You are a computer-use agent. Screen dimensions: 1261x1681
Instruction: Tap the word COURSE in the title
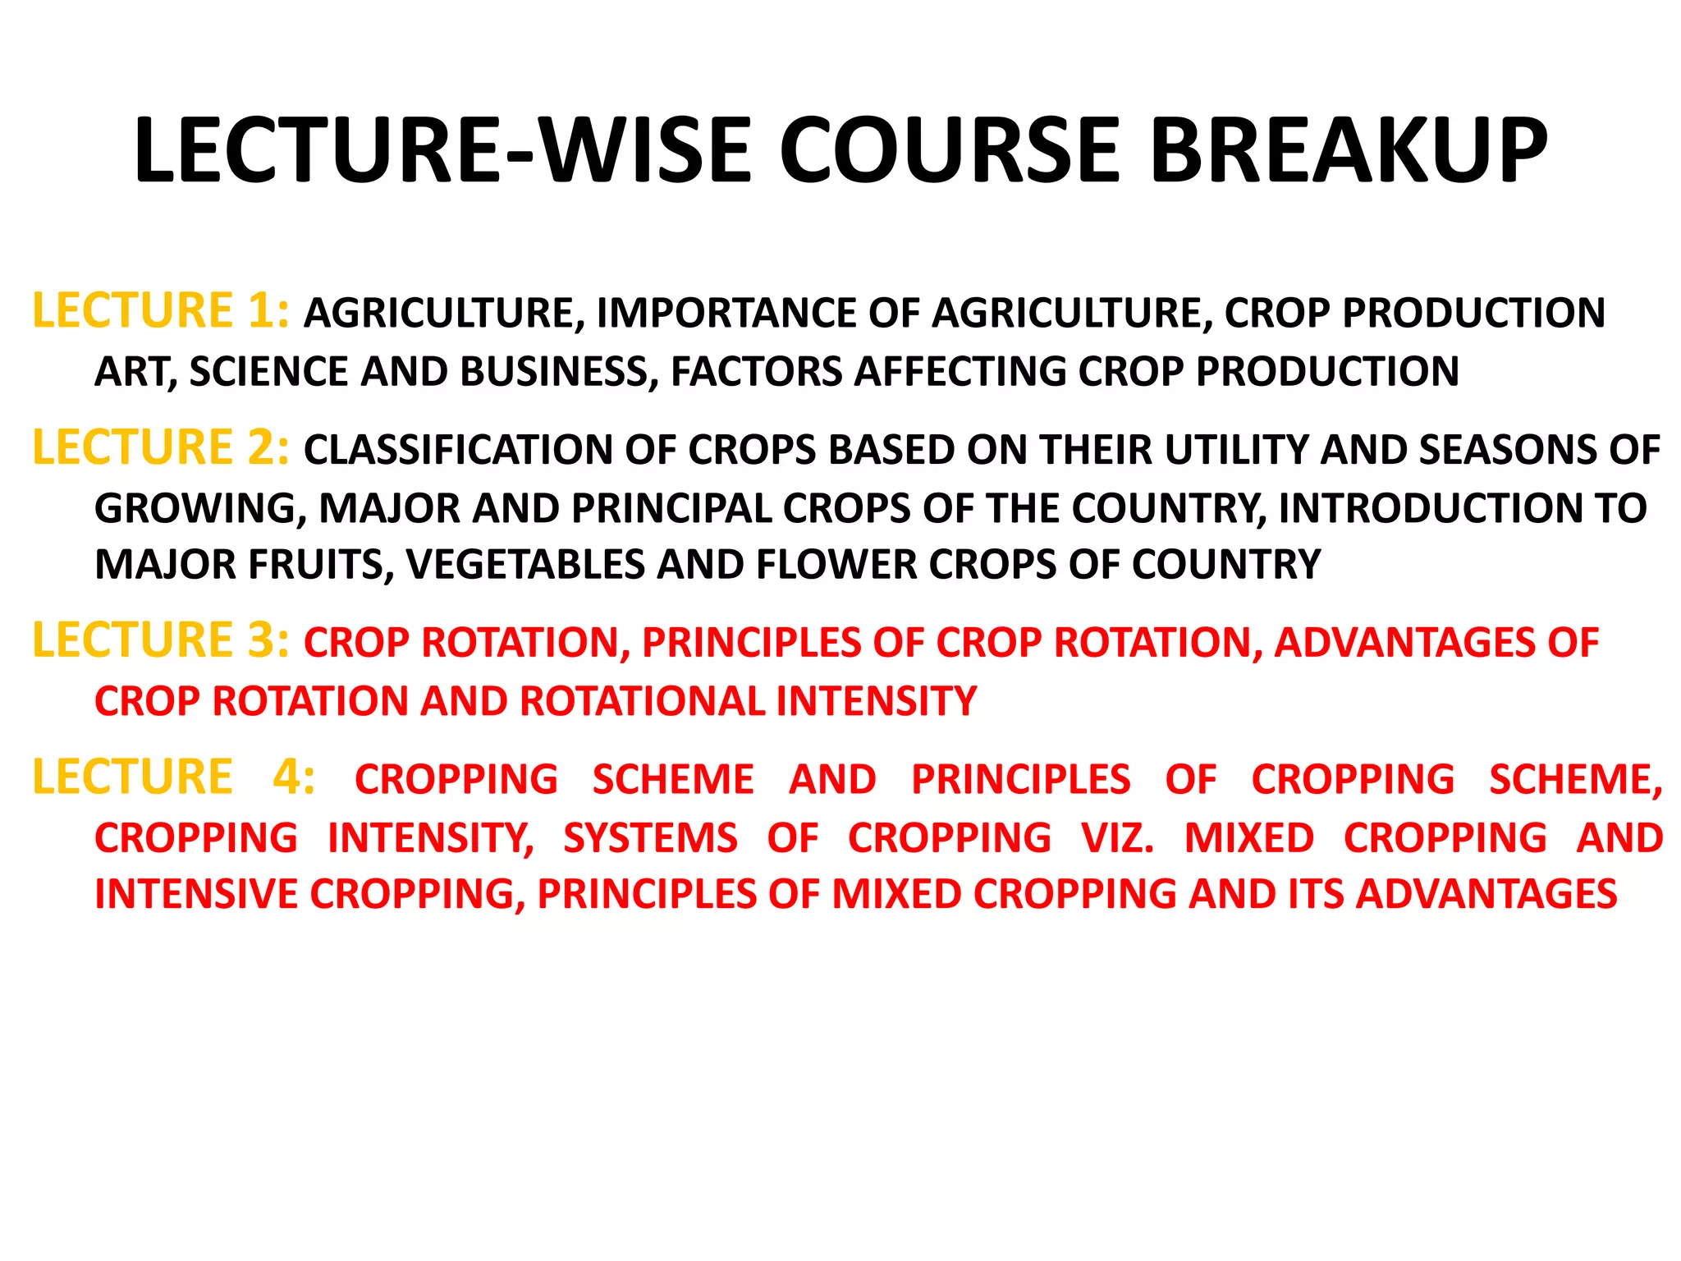click(949, 150)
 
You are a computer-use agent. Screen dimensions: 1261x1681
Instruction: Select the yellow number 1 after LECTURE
click(260, 311)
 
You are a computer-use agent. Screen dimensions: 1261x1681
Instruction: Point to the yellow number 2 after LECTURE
click(260, 448)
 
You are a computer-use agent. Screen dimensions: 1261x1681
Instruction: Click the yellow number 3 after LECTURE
click(260, 640)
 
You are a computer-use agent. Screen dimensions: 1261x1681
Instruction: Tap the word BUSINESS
click(558, 372)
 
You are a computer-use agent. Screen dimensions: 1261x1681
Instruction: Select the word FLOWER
click(836, 565)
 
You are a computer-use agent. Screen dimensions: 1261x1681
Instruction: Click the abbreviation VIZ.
click(1118, 838)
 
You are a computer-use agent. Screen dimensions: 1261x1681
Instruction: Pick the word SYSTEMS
click(650, 838)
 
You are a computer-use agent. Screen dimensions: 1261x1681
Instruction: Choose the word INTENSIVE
click(196, 894)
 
